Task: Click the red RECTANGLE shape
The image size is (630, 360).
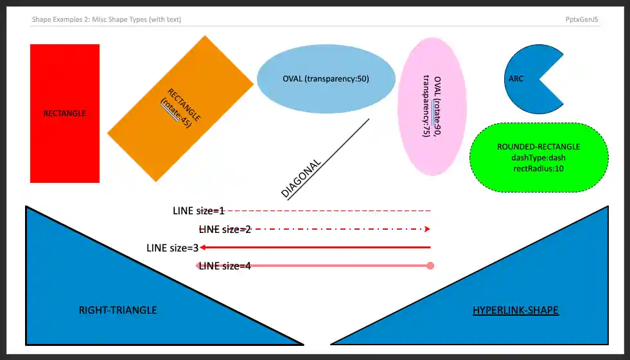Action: pos(64,114)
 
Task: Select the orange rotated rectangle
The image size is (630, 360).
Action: pos(180,108)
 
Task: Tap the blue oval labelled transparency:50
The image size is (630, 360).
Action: pos(326,79)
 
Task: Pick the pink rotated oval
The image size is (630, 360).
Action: pos(432,107)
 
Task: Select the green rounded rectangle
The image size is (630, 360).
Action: pos(538,157)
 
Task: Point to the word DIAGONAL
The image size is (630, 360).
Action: pos(301,178)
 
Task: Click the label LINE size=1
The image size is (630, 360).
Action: pos(198,210)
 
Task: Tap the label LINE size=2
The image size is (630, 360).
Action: pos(225,229)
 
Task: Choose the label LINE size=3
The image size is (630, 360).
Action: pos(172,247)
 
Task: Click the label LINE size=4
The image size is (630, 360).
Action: pos(225,266)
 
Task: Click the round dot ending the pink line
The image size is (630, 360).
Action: pos(430,266)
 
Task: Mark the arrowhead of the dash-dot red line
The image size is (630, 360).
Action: pos(427,229)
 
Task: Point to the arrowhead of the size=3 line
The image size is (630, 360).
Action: pos(202,247)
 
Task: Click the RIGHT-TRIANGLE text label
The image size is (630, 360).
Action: pos(118,310)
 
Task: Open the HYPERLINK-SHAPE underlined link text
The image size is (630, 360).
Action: pos(515,310)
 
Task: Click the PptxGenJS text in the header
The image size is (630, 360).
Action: pos(582,19)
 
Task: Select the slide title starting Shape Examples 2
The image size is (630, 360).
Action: pos(106,19)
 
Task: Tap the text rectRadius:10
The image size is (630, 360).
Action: pos(538,168)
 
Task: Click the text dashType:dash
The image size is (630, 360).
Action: pos(538,157)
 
